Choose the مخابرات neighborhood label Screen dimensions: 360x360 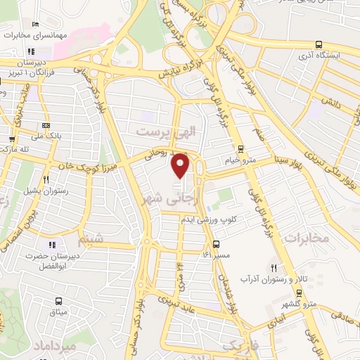(x=307, y=238)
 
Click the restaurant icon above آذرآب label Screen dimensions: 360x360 (x=274, y=268)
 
